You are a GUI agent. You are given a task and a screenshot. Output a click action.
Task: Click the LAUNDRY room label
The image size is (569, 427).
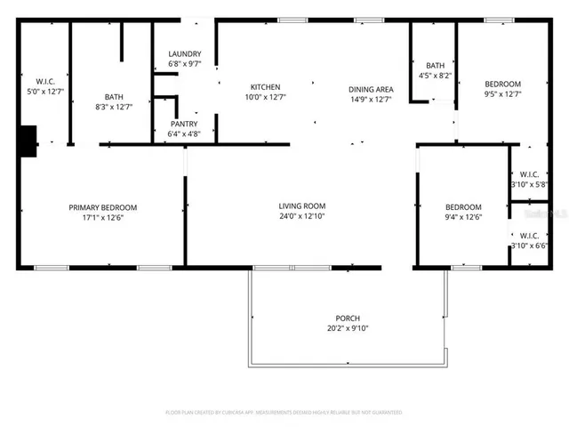pos(185,53)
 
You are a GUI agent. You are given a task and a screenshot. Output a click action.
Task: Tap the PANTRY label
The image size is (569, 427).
pos(184,124)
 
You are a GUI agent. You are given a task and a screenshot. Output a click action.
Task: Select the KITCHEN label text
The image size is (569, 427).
pos(265,87)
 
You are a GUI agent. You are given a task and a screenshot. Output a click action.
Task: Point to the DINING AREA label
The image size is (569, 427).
pos(371,89)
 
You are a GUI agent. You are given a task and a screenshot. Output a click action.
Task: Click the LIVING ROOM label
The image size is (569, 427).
pos(301,206)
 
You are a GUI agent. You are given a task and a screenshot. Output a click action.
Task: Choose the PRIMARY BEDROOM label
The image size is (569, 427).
pos(103,207)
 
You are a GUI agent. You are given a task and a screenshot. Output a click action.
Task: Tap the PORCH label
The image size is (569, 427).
pos(347,318)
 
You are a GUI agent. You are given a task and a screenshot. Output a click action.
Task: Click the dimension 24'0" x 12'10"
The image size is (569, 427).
pos(301,216)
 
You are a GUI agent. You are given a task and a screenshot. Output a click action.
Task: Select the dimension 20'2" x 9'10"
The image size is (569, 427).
pos(347,328)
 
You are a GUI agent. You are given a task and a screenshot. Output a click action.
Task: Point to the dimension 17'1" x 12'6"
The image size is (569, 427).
pos(103,217)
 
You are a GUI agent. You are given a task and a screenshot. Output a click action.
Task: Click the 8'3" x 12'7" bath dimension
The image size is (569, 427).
pos(114,107)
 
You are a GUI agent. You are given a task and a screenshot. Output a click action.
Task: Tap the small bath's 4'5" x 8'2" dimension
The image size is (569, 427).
pos(435,76)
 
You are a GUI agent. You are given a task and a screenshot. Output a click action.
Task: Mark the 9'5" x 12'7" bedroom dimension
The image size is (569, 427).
pos(502,93)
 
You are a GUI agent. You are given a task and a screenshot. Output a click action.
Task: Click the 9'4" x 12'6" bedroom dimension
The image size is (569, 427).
pos(463,216)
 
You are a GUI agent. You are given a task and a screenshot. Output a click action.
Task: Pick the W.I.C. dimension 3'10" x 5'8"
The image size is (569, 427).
pos(530,184)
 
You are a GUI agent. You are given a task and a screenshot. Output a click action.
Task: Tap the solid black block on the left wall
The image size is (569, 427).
pos(28,141)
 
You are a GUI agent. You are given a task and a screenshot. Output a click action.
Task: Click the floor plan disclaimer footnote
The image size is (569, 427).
pos(284,413)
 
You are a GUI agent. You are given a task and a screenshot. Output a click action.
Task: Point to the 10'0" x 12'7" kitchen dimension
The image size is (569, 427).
pos(265,97)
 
